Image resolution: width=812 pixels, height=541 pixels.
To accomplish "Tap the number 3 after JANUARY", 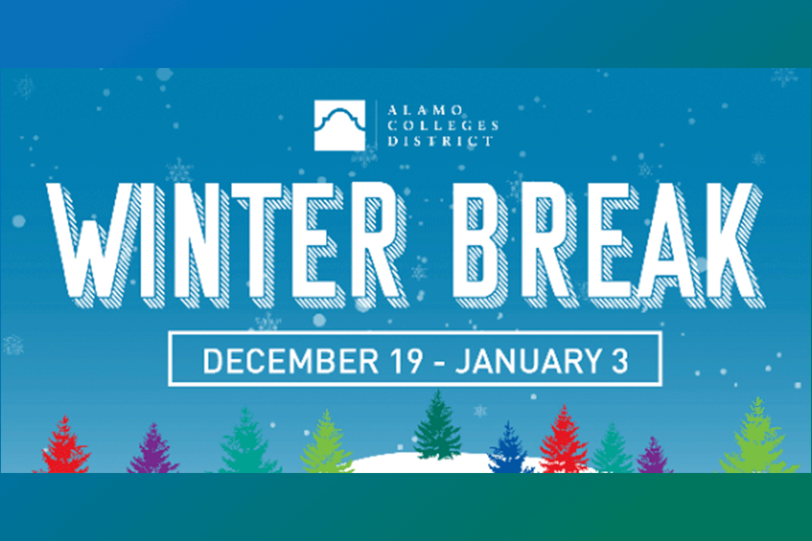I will (619, 360).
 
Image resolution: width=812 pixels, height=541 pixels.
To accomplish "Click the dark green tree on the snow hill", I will (437, 427).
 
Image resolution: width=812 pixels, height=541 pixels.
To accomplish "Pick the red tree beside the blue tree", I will (563, 441).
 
